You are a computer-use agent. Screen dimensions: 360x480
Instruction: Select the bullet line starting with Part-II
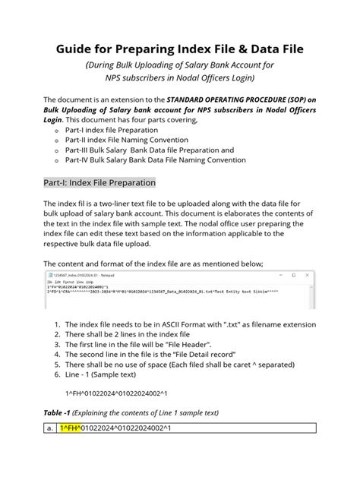click(131, 139)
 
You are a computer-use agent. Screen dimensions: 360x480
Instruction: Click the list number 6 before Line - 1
click(57, 374)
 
